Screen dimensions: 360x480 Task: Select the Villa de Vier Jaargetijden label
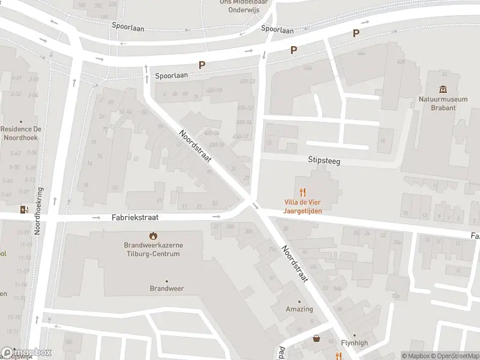303,207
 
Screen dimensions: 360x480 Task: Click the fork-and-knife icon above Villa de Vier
303,193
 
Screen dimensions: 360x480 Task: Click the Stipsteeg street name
324,160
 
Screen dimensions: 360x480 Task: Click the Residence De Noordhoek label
21,133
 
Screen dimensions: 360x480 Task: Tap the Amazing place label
299,309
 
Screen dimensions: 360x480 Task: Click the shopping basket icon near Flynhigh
316,339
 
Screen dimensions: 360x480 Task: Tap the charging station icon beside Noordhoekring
23,209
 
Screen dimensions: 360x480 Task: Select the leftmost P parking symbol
202,65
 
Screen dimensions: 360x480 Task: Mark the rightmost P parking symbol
356,34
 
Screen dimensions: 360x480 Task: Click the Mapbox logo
26,353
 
